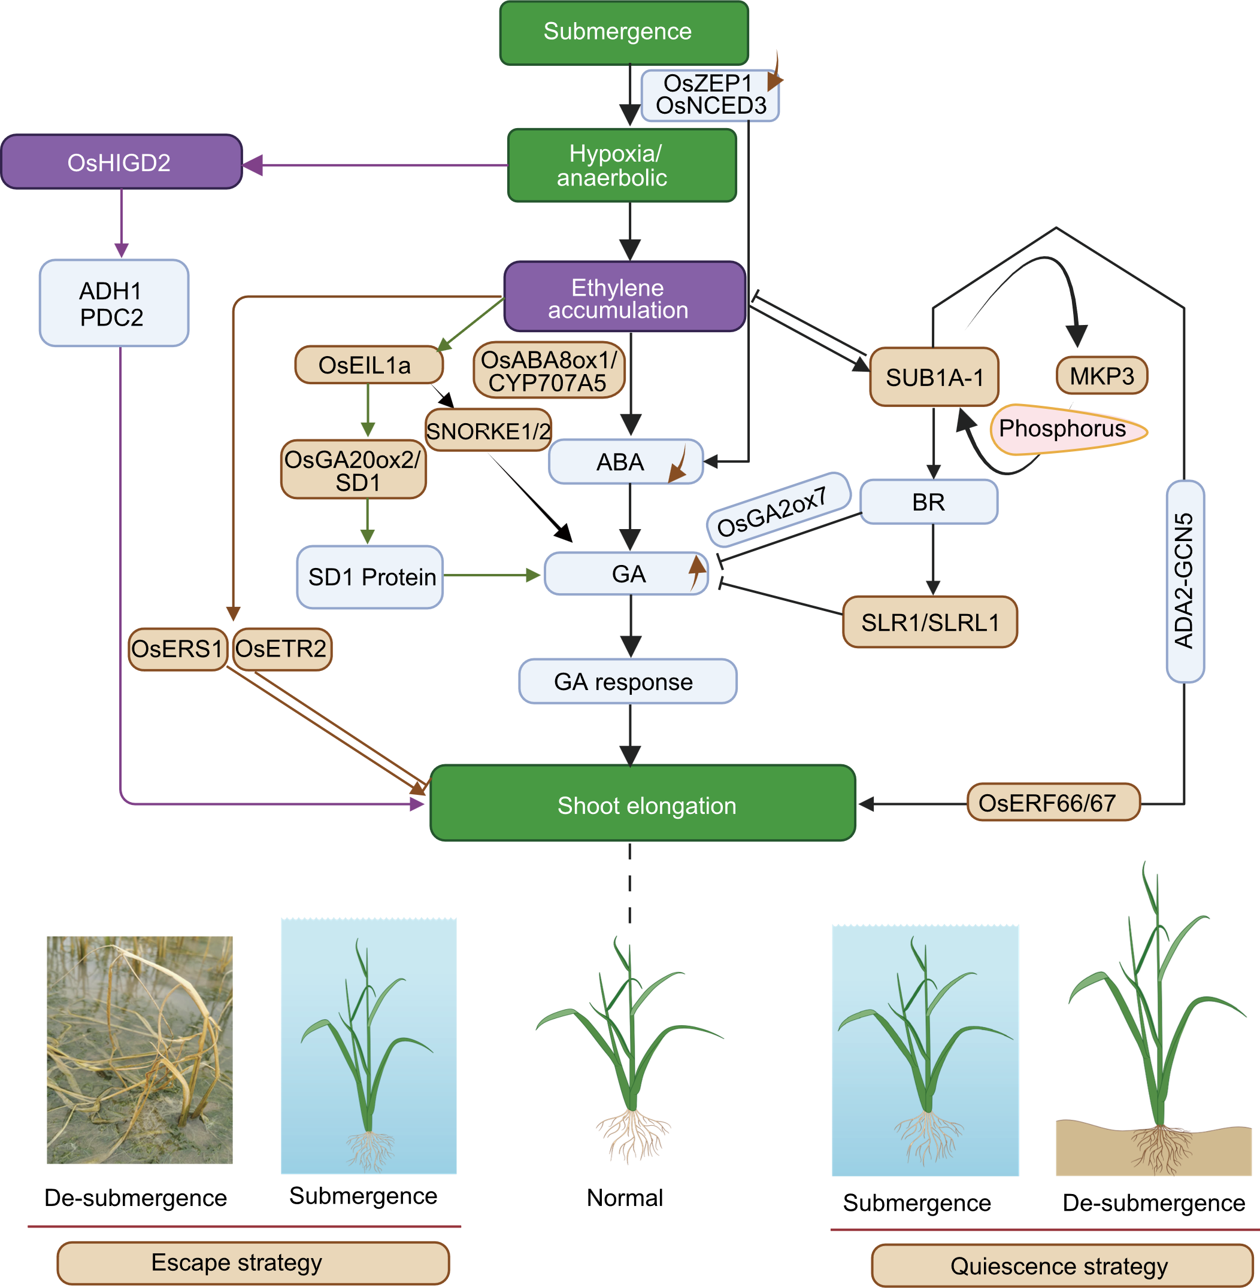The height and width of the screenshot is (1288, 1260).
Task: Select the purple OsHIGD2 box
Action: coord(121,162)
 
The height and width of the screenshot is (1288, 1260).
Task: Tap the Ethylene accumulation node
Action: coord(624,297)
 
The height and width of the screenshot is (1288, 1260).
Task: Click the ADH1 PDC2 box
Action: coord(114,303)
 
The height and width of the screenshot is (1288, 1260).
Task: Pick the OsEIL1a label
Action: coord(368,365)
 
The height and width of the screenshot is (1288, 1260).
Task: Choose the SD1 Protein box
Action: coord(370,577)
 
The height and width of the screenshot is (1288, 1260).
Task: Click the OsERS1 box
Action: coord(177,649)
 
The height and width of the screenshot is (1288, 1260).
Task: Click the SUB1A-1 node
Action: coord(934,377)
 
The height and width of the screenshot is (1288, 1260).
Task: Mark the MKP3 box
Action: coord(1102,376)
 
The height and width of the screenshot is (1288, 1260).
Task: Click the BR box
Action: coord(928,502)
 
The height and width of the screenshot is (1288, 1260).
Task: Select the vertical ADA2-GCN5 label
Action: coord(1185,581)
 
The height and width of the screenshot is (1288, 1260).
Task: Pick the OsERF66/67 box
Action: coord(1053,803)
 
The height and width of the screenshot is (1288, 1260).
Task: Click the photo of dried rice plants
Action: coord(140,1049)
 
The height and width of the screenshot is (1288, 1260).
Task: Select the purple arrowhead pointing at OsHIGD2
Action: coord(253,165)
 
